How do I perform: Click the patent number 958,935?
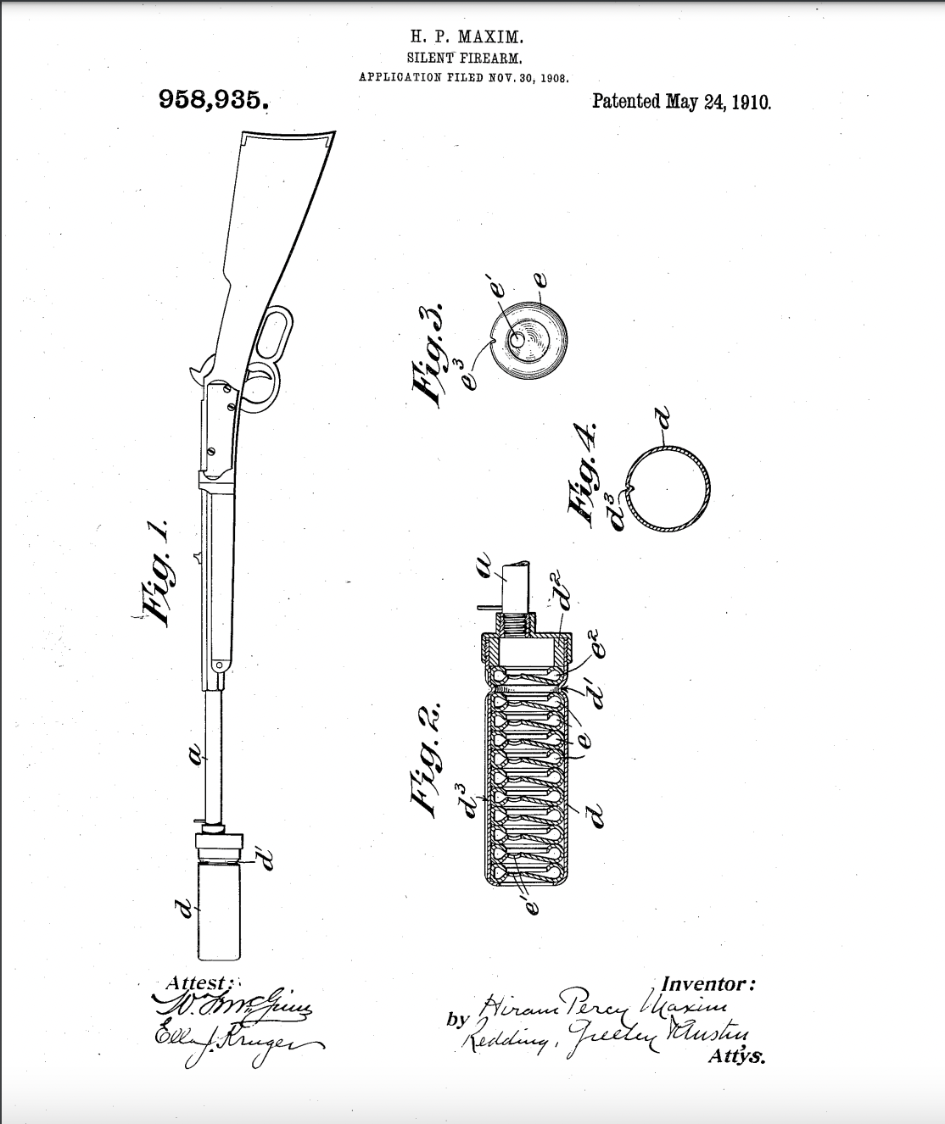(x=213, y=101)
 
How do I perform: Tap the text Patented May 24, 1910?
(x=681, y=102)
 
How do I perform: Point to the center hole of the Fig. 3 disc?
(x=518, y=338)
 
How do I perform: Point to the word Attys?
(x=735, y=1057)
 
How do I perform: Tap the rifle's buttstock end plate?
(x=288, y=136)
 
